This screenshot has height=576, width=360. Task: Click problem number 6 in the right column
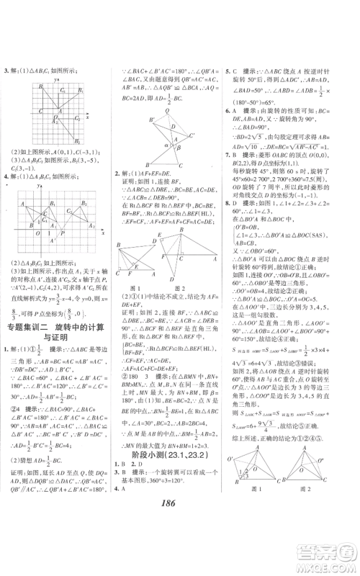click(x=228, y=110)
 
